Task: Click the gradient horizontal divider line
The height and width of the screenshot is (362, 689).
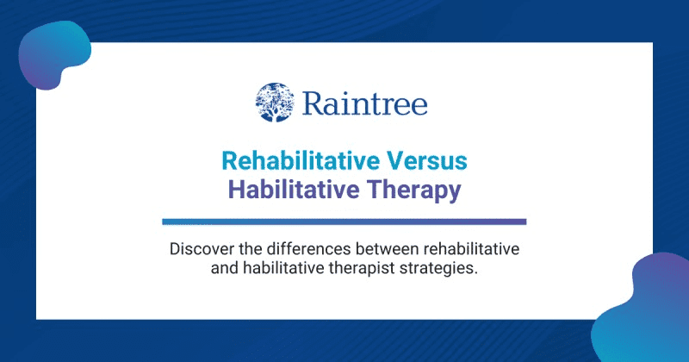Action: click(344, 222)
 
